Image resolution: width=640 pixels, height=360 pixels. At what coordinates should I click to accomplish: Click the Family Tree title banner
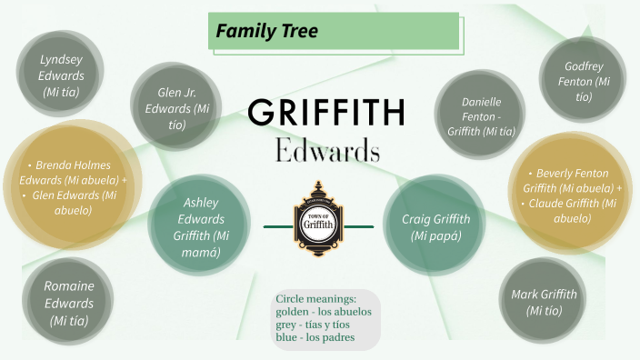(x=333, y=32)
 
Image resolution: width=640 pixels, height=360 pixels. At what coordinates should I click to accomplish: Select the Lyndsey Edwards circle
(x=61, y=75)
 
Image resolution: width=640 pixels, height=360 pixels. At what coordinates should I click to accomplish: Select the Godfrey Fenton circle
(x=583, y=81)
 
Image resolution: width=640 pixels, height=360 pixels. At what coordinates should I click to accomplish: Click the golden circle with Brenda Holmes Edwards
(x=70, y=189)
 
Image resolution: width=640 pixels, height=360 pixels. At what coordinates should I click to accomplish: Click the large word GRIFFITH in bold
(x=326, y=114)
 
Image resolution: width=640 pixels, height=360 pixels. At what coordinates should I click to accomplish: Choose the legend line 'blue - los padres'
(x=315, y=337)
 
